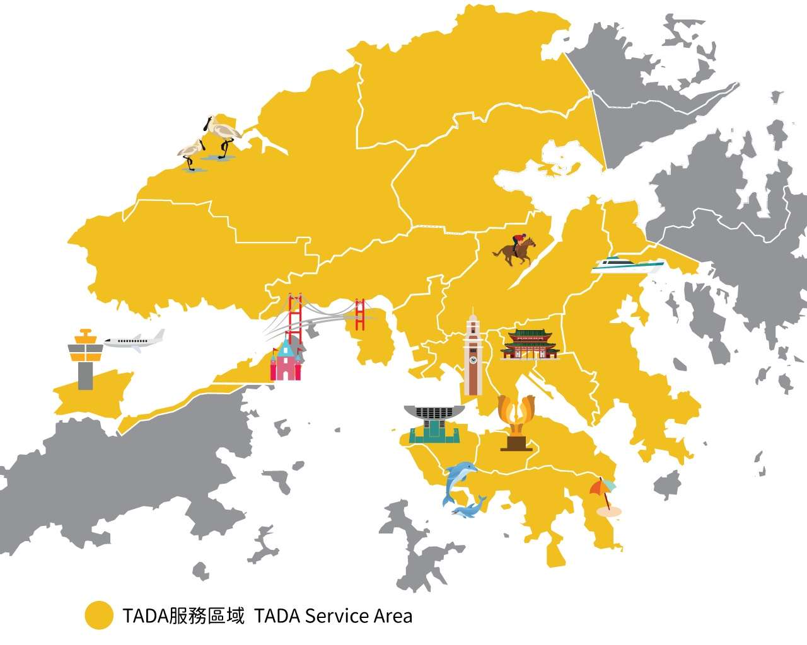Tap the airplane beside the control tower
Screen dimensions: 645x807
pos(134,341)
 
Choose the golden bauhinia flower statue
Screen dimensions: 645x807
pos(516,422)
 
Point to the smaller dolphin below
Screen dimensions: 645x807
pos(470,508)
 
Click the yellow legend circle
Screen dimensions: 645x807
pos(99,615)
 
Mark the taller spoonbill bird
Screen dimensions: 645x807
pos(222,134)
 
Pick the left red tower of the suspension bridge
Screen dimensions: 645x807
pos(294,317)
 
